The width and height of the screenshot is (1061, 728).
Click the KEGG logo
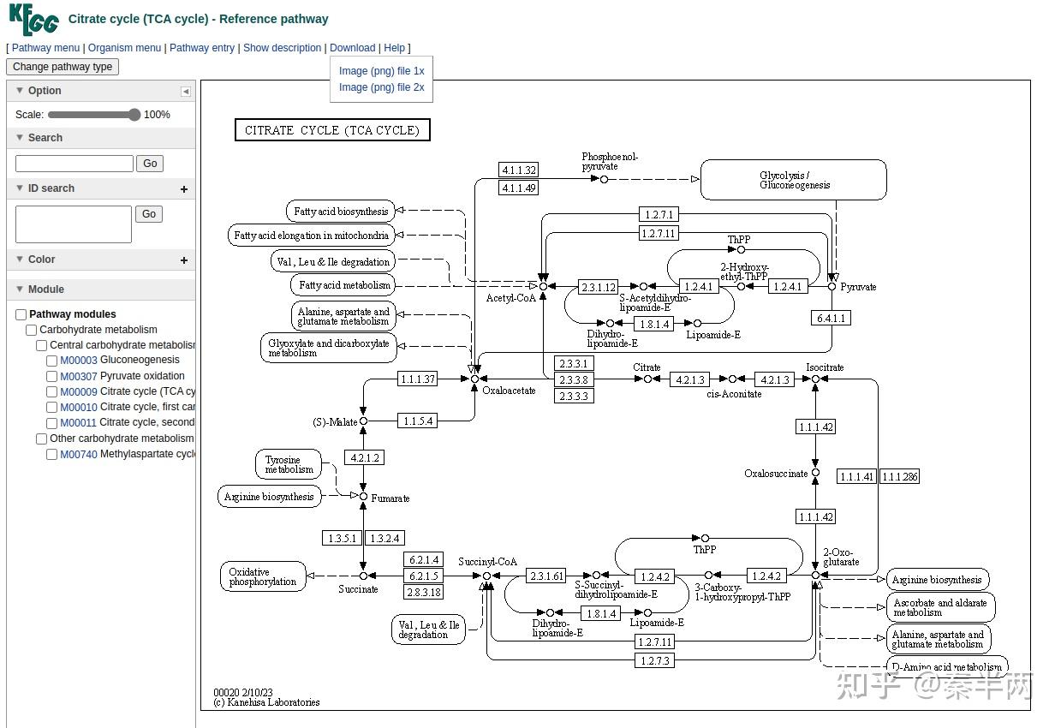point(33,19)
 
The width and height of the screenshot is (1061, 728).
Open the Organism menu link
point(124,48)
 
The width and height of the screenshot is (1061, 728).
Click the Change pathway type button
point(63,67)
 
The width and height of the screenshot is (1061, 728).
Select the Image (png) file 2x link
point(381,87)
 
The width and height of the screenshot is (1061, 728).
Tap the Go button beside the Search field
point(150,164)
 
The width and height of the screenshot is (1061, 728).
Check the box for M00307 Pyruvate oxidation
point(51,377)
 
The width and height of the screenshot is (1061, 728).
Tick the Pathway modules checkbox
point(21,314)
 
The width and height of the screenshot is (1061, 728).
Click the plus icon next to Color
point(184,260)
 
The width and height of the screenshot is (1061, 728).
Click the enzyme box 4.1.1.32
point(519,170)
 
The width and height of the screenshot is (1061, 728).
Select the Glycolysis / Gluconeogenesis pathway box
point(793,180)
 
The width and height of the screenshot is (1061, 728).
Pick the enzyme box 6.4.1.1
point(831,319)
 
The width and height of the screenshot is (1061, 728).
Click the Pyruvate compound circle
point(832,287)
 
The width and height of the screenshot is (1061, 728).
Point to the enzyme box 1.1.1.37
point(417,379)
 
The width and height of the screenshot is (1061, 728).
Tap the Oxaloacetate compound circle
point(474,379)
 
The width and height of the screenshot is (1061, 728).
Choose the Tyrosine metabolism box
point(289,464)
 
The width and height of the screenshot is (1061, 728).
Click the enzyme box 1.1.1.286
point(899,476)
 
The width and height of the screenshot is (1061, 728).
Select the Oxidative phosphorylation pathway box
point(263,576)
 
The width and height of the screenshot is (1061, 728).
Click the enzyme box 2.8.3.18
point(423,592)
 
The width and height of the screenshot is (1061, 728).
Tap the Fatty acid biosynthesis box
point(341,212)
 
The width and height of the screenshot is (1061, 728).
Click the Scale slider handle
point(134,115)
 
